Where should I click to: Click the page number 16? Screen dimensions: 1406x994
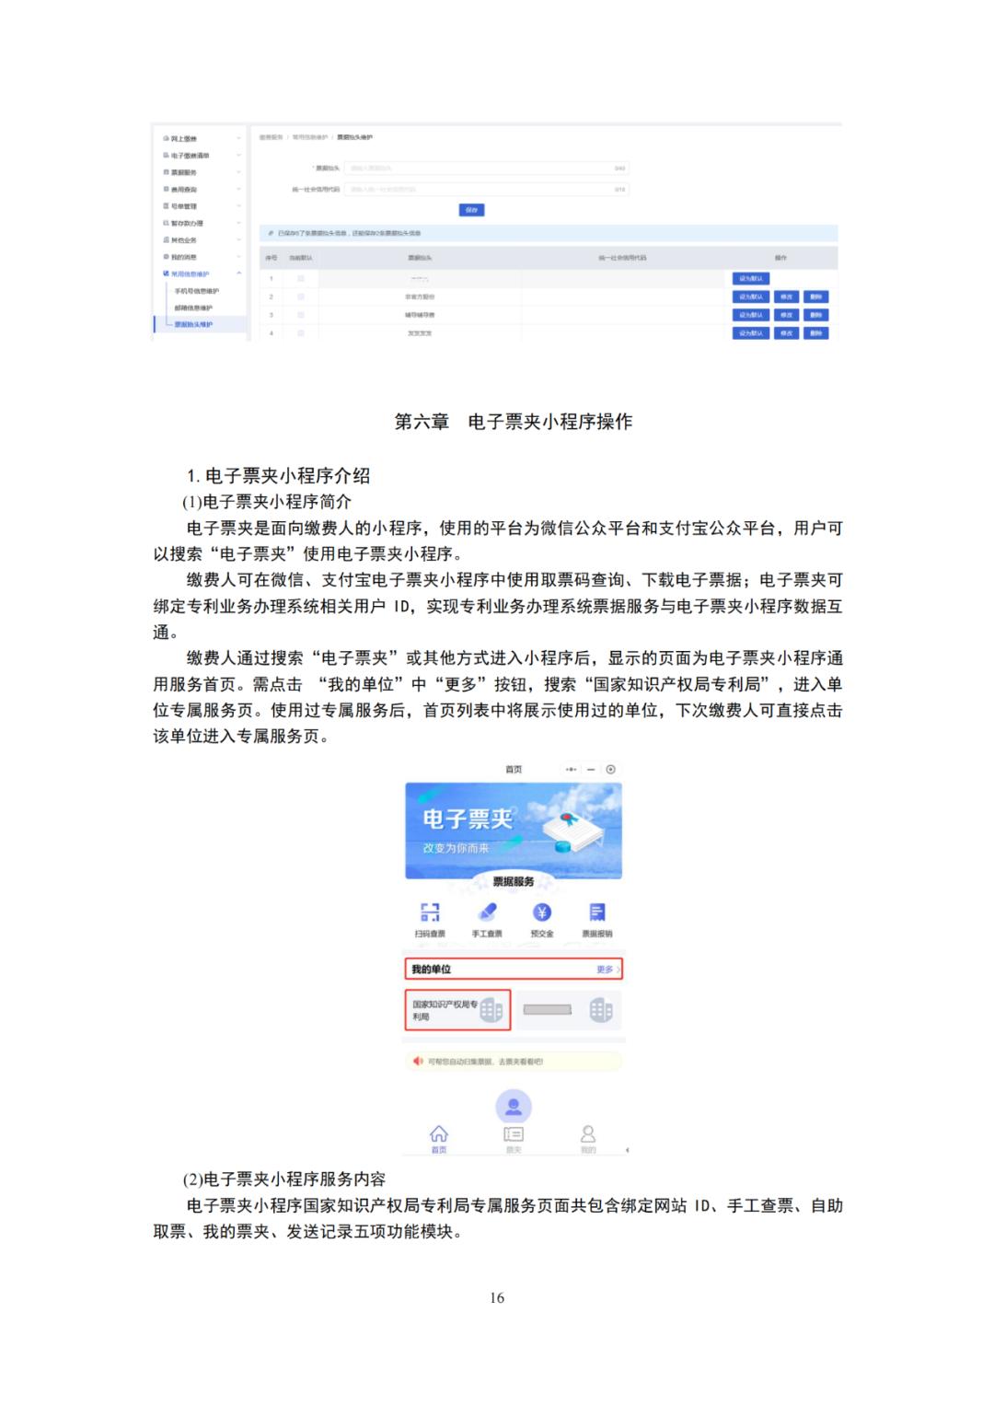(x=497, y=1297)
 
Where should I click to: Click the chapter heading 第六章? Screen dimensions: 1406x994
(x=422, y=422)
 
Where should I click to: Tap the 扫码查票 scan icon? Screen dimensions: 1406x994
(x=430, y=912)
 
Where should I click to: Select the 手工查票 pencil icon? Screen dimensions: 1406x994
(x=487, y=912)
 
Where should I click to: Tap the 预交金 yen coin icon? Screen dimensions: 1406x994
(x=542, y=912)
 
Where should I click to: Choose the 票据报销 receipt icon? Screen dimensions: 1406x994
(x=597, y=912)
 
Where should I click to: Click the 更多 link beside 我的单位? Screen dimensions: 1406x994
(x=606, y=970)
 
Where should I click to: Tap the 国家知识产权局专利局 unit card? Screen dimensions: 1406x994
(x=457, y=1010)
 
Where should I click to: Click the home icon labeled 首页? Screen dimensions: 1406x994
(x=439, y=1134)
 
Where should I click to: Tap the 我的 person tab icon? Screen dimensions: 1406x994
(x=588, y=1134)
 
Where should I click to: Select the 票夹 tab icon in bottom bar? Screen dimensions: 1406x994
(x=514, y=1134)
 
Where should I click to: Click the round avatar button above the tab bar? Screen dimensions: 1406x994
(x=514, y=1106)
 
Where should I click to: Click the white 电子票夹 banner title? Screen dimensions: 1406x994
(x=468, y=819)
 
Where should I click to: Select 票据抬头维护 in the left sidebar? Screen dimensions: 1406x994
(x=194, y=324)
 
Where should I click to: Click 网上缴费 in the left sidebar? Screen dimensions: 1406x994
(x=184, y=138)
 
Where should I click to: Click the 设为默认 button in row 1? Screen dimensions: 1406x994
(x=751, y=278)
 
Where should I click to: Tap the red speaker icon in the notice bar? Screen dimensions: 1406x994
(x=419, y=1062)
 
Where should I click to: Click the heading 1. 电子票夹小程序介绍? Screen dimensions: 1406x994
(x=278, y=476)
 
